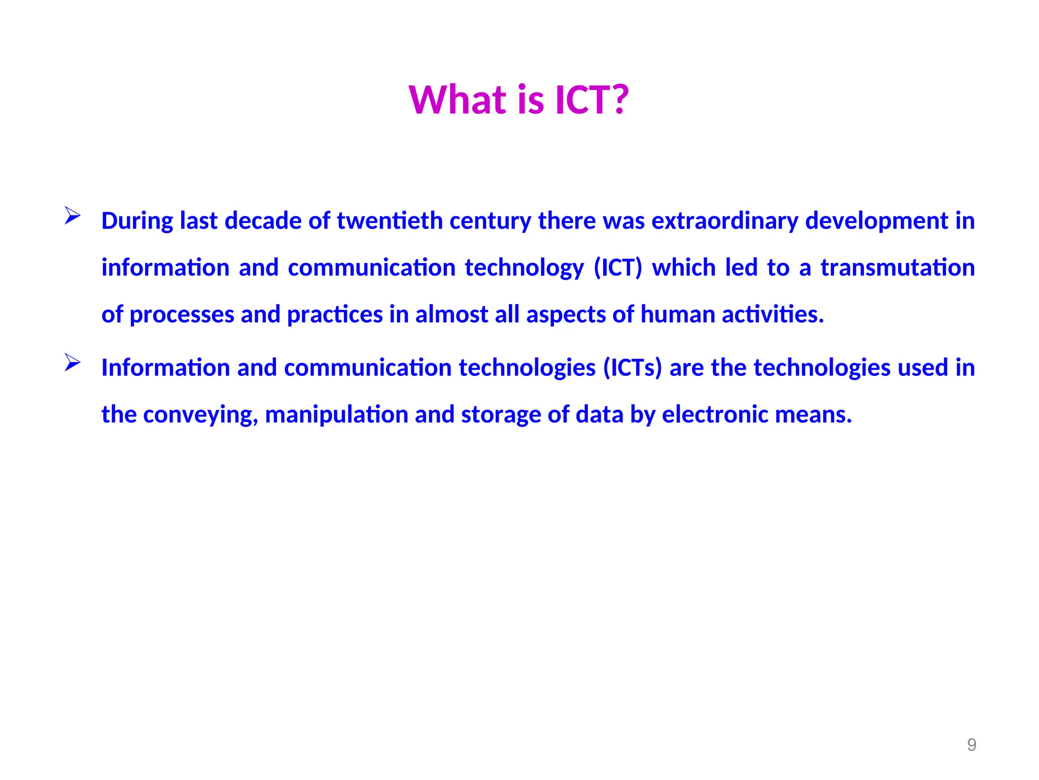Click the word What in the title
click(x=458, y=100)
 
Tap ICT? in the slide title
click(x=592, y=100)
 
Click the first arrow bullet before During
click(x=73, y=216)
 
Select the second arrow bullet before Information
click(x=73, y=363)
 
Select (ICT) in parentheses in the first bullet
click(x=618, y=268)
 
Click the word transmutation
click(x=897, y=268)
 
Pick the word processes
click(x=182, y=315)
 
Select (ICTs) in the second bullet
click(x=633, y=368)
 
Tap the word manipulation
click(x=336, y=415)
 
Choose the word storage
click(x=501, y=415)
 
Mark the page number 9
click(x=972, y=744)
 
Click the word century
click(x=490, y=221)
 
